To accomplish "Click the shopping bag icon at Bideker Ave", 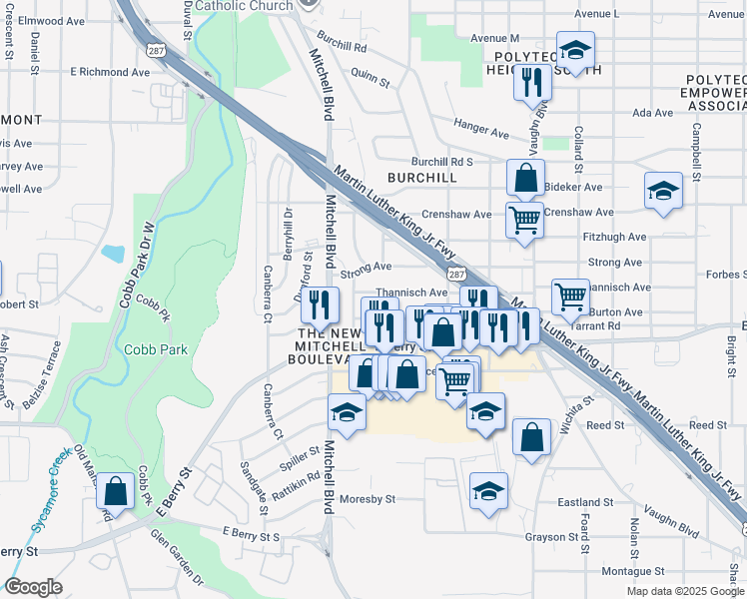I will (525, 180).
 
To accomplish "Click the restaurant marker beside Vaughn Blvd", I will (532, 81).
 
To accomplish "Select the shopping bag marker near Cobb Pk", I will (116, 491).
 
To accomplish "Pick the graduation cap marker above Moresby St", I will (488, 490).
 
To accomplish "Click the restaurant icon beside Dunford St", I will (321, 303).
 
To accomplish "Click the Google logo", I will (34, 588).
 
